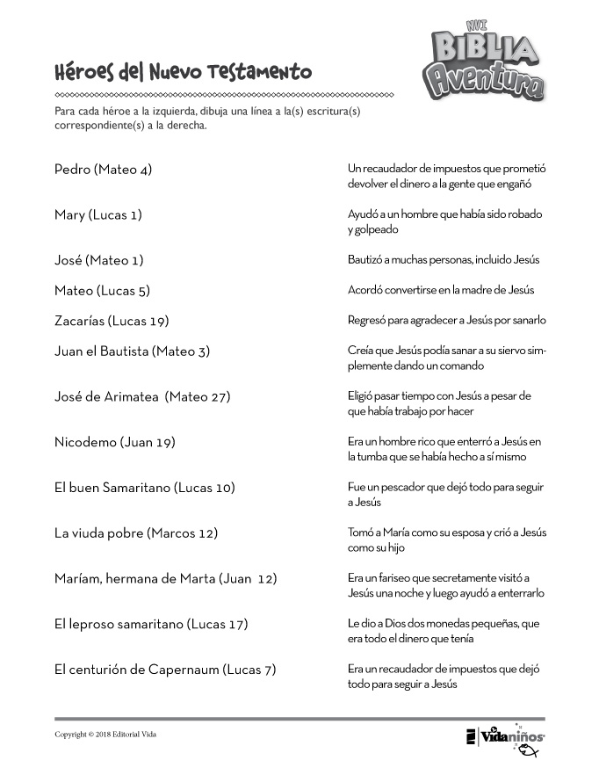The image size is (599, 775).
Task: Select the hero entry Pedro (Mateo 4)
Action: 103,170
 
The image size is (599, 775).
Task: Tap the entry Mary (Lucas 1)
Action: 97,215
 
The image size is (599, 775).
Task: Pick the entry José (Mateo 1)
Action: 98,260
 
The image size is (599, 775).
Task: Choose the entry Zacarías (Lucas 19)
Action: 111,321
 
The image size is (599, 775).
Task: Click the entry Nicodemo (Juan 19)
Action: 114,442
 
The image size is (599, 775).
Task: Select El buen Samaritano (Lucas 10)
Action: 144,488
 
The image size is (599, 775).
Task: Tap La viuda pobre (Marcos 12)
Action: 135,533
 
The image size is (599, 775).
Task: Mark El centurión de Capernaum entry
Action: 165,670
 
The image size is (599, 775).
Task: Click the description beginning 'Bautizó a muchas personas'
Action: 444,260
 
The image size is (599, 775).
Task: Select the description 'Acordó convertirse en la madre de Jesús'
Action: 441,290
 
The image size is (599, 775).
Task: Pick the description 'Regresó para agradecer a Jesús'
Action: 446,320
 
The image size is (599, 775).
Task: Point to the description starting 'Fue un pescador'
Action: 443,495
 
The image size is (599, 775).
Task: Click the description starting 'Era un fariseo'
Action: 445,585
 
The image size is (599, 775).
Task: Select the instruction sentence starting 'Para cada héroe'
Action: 207,119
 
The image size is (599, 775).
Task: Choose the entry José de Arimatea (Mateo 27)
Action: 141,397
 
